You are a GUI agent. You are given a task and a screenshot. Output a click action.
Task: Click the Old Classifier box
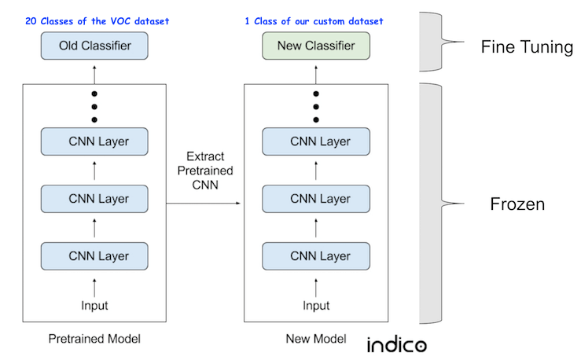(94, 46)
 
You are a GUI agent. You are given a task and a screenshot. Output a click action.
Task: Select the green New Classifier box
(316, 46)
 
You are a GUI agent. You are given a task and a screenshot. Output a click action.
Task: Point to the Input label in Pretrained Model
(95, 305)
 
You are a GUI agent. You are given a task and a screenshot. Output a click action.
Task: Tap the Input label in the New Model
(317, 305)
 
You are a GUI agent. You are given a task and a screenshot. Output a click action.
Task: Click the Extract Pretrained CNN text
(204, 172)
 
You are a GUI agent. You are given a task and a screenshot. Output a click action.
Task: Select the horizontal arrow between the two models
(204, 203)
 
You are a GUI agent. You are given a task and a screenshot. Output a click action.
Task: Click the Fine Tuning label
(527, 47)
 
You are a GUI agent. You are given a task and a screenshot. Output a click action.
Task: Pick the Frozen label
(517, 204)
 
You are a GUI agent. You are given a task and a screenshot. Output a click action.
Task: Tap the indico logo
(396, 344)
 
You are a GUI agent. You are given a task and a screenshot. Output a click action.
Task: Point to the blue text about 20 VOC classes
(97, 20)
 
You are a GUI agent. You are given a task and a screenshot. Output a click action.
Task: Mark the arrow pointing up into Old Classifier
(95, 72)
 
